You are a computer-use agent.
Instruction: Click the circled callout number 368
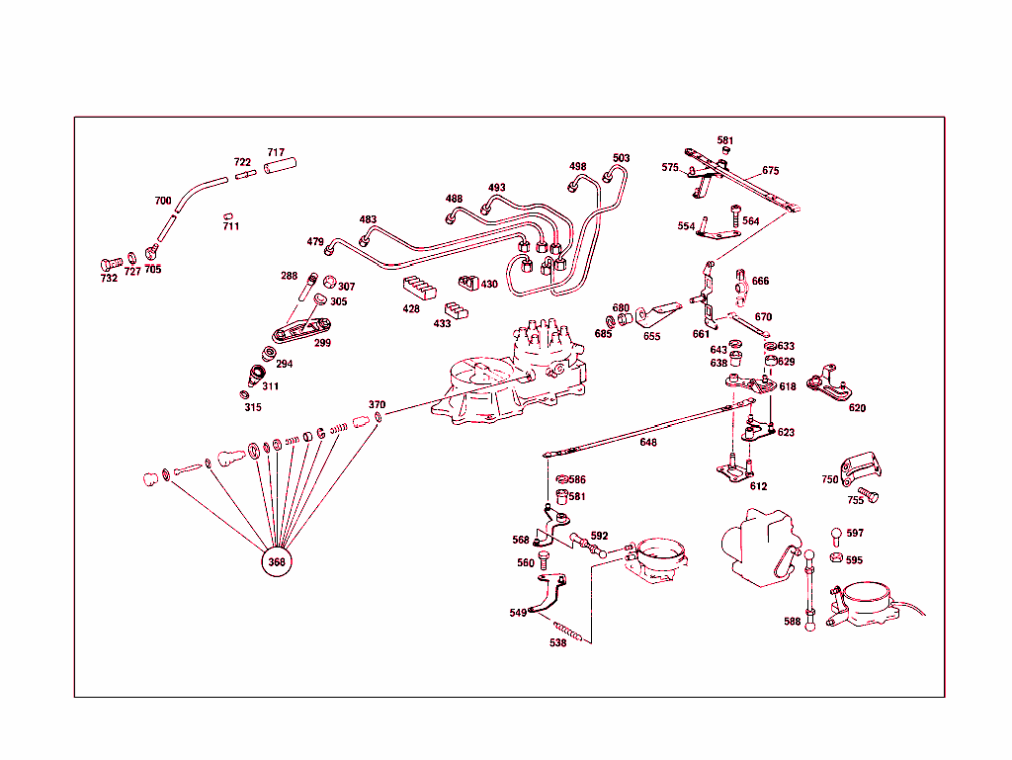point(277,562)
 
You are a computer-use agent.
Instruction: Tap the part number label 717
point(276,152)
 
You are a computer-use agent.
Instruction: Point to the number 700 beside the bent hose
point(163,201)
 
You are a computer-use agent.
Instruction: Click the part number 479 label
point(315,241)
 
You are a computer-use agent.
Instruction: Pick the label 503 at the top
point(621,158)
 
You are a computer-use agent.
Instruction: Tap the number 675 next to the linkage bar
point(770,170)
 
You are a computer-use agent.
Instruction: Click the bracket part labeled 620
point(830,385)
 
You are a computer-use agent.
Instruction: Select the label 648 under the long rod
point(647,443)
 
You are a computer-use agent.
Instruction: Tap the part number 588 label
point(792,622)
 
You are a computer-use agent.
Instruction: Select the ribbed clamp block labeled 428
point(418,290)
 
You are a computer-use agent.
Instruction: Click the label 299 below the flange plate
point(322,343)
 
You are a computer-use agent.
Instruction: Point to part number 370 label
point(377,404)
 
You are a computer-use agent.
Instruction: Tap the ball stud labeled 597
point(836,535)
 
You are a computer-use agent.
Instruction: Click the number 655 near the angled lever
point(651,336)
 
